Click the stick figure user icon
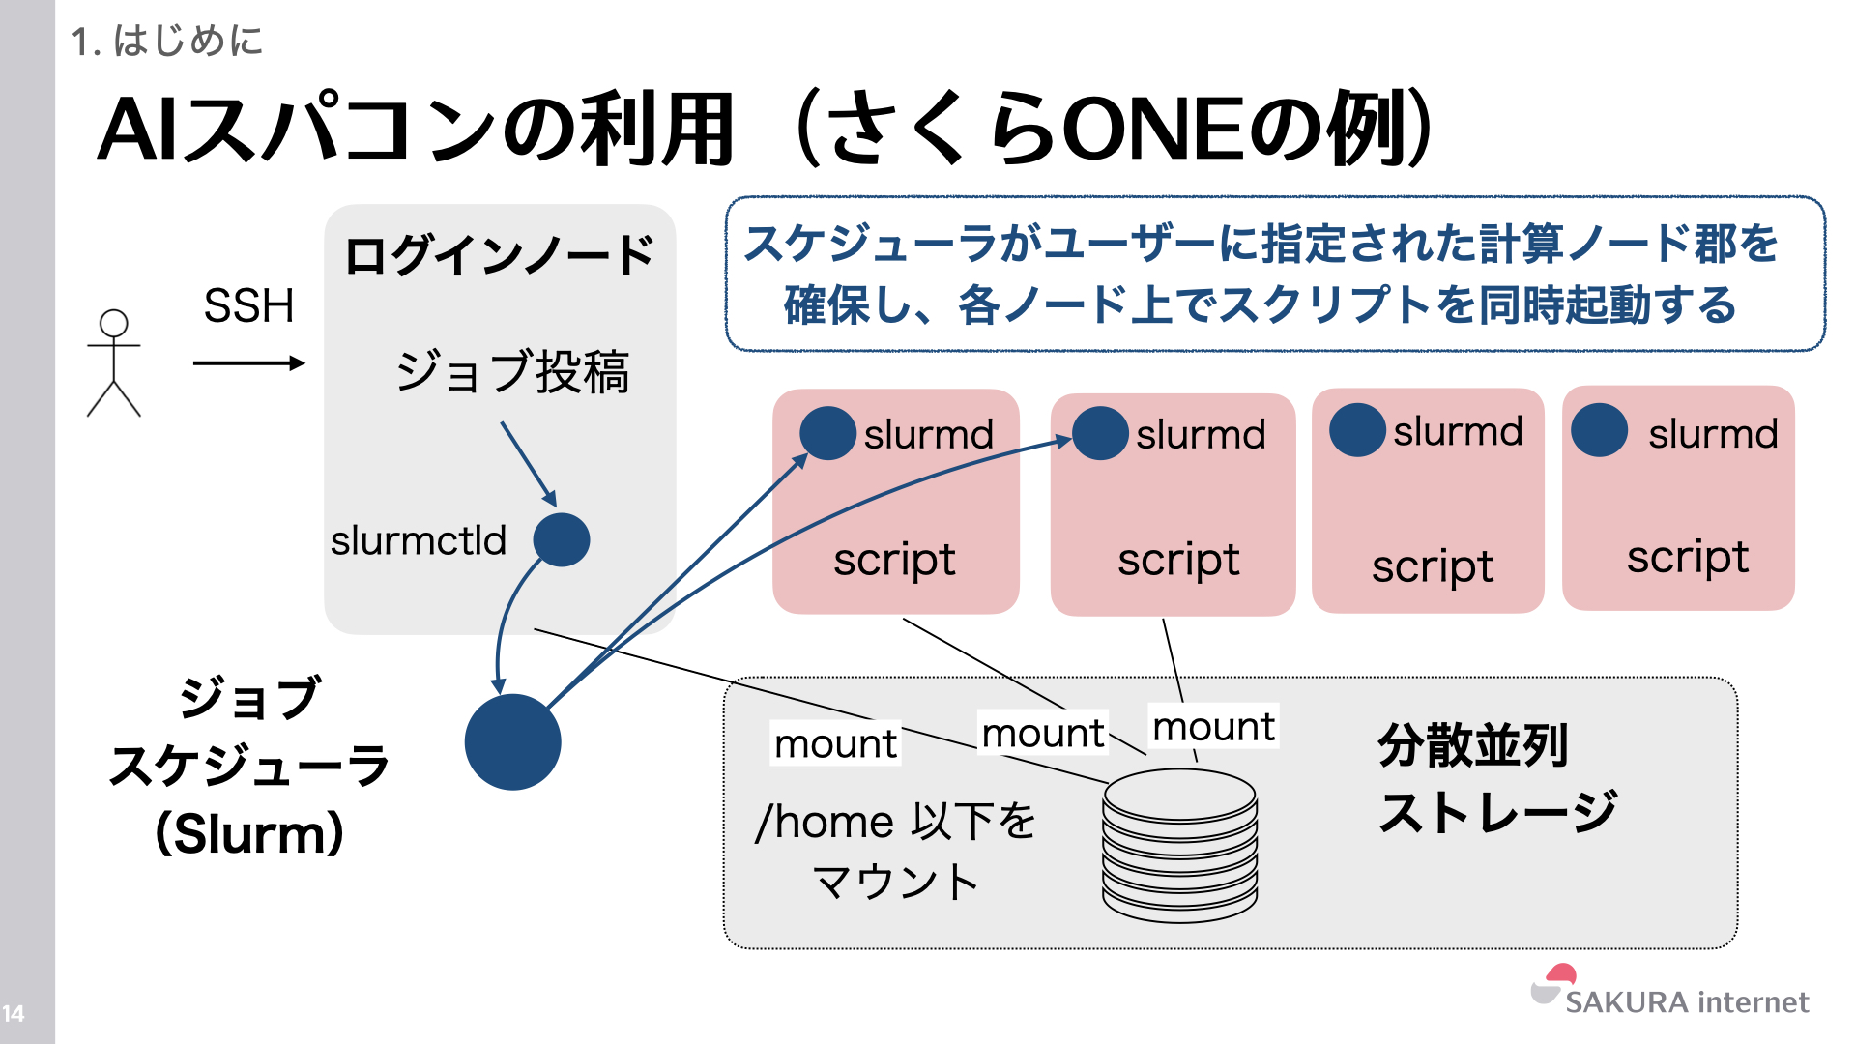click(x=114, y=363)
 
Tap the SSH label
click(x=248, y=306)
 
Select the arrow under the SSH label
click(x=248, y=363)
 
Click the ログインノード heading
click(x=499, y=256)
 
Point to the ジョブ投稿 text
click(x=512, y=372)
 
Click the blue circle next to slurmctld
click(x=562, y=539)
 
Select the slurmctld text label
click(x=418, y=540)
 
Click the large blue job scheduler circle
click(x=512, y=741)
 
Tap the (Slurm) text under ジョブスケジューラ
click(x=249, y=832)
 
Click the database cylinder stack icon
click(x=1179, y=844)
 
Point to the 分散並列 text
click(x=1472, y=745)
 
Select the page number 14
click(x=14, y=1013)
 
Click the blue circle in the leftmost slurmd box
click(x=827, y=433)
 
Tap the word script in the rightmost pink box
click(x=1687, y=558)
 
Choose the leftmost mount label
click(x=835, y=743)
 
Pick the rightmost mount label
click(x=1213, y=726)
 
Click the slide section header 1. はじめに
click(x=166, y=41)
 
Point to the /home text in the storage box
click(x=824, y=823)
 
